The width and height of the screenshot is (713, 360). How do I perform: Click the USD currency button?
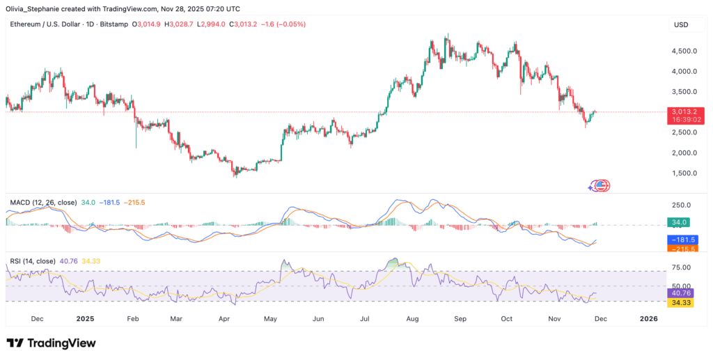680,25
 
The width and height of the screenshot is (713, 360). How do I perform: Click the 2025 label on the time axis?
85,318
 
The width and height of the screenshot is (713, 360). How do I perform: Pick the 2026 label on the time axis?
648,318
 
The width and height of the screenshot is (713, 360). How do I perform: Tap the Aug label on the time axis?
413,318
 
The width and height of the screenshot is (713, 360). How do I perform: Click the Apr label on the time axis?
224,318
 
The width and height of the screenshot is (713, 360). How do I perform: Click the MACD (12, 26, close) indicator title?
44,202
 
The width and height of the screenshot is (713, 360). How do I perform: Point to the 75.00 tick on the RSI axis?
680,267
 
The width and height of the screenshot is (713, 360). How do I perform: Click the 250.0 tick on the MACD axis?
680,205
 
